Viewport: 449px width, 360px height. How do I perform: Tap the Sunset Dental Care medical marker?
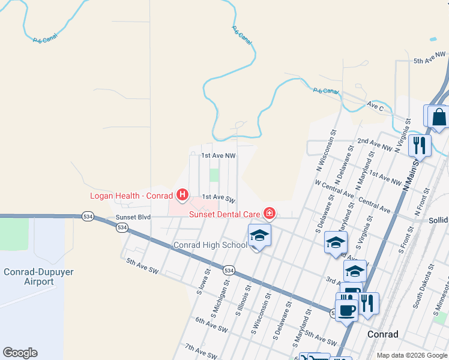click(x=269, y=214)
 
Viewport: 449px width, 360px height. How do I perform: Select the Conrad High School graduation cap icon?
click(x=259, y=235)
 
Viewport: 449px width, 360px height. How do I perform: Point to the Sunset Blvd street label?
click(x=133, y=217)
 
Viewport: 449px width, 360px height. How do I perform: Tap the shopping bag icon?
click(x=439, y=116)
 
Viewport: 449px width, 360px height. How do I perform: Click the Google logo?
click(x=20, y=353)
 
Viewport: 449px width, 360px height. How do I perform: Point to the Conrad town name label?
click(x=382, y=334)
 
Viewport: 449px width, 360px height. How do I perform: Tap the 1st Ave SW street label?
click(x=217, y=197)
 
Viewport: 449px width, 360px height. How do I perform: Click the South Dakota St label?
click(x=418, y=290)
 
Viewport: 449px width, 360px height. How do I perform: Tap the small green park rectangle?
click(x=214, y=175)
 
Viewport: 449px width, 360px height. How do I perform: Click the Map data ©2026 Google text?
click(x=412, y=355)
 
